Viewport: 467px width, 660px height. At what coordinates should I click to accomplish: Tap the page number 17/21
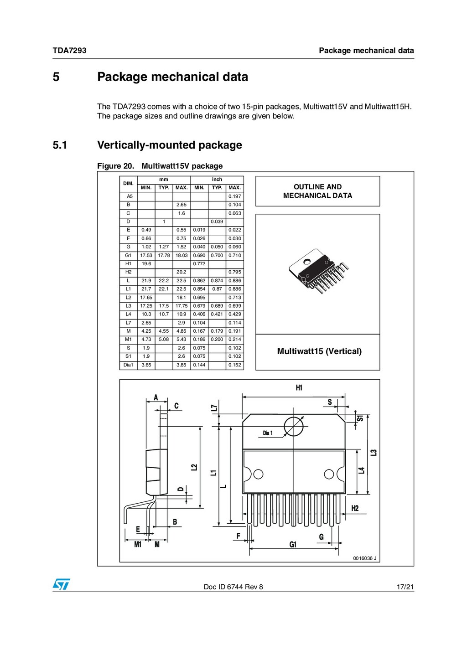pyautogui.click(x=405, y=587)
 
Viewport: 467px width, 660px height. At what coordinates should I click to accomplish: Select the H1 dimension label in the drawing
pyautogui.click(x=299, y=388)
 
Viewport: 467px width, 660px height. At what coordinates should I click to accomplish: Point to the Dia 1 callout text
pyautogui.click(x=268, y=433)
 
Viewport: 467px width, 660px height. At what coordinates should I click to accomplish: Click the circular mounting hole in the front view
pyautogui.click(x=293, y=427)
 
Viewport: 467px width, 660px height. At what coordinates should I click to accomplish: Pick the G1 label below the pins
pyautogui.click(x=293, y=544)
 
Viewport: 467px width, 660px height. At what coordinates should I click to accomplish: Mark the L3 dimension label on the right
pyautogui.click(x=374, y=453)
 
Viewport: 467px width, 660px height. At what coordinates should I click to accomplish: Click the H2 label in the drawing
pyautogui.click(x=355, y=508)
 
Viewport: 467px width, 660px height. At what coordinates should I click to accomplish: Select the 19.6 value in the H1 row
pyautogui.click(x=146, y=264)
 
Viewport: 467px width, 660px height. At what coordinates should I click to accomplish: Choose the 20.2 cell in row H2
pyautogui.click(x=181, y=272)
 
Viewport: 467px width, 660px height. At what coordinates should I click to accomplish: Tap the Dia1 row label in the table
pyautogui.click(x=128, y=365)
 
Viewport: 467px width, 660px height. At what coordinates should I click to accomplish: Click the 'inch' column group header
pyautogui.click(x=217, y=180)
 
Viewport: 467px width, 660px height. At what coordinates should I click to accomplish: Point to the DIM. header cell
pyautogui.click(x=128, y=184)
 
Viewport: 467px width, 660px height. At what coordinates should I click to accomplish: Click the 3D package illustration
pyautogui.click(x=317, y=272)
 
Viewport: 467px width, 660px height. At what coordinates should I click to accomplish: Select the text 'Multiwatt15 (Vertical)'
pyautogui.click(x=319, y=351)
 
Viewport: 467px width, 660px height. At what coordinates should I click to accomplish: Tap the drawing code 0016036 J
pyautogui.click(x=365, y=558)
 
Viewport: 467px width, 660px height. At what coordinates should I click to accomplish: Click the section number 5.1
pyautogui.click(x=60, y=145)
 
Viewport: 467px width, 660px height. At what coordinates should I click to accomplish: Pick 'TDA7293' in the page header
pyautogui.click(x=69, y=51)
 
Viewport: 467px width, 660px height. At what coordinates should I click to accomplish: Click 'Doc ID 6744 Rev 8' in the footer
pyautogui.click(x=233, y=587)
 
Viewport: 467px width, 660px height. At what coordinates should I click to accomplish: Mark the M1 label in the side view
pyautogui.click(x=138, y=544)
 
